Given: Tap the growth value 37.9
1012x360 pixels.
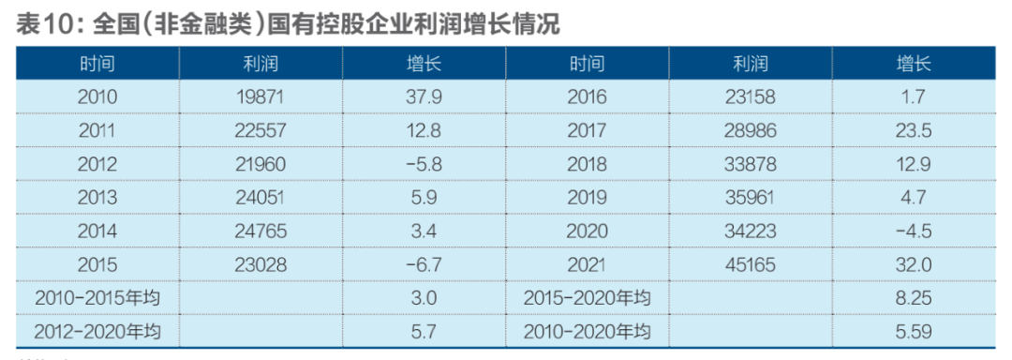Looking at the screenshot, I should [424, 97].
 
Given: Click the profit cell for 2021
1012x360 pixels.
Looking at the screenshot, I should [750, 265].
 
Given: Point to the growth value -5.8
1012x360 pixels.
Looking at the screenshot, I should [424, 164].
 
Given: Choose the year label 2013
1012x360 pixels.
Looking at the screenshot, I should [97, 198].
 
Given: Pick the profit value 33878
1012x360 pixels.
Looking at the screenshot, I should [750, 164].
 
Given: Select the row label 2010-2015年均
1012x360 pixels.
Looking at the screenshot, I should [97, 298].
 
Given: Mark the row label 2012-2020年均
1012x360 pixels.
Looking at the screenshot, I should [97, 331].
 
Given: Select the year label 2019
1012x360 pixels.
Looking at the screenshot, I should [588, 198].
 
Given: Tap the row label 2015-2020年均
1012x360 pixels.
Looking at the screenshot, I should [588, 298].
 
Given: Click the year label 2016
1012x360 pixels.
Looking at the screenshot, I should [588, 97].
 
